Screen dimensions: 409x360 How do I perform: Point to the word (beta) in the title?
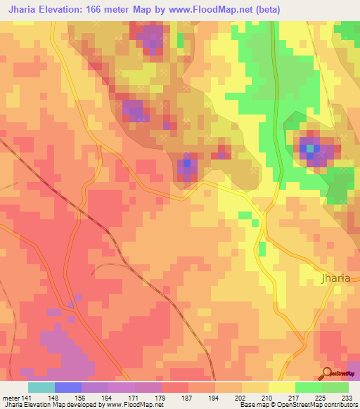click(x=297, y=10)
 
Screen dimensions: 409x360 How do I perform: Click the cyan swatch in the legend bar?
click(x=41, y=387)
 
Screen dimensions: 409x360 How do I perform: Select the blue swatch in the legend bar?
click(x=67, y=387)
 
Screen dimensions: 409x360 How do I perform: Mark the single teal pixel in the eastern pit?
click(x=310, y=148)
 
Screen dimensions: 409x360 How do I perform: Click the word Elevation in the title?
click(x=67, y=10)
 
